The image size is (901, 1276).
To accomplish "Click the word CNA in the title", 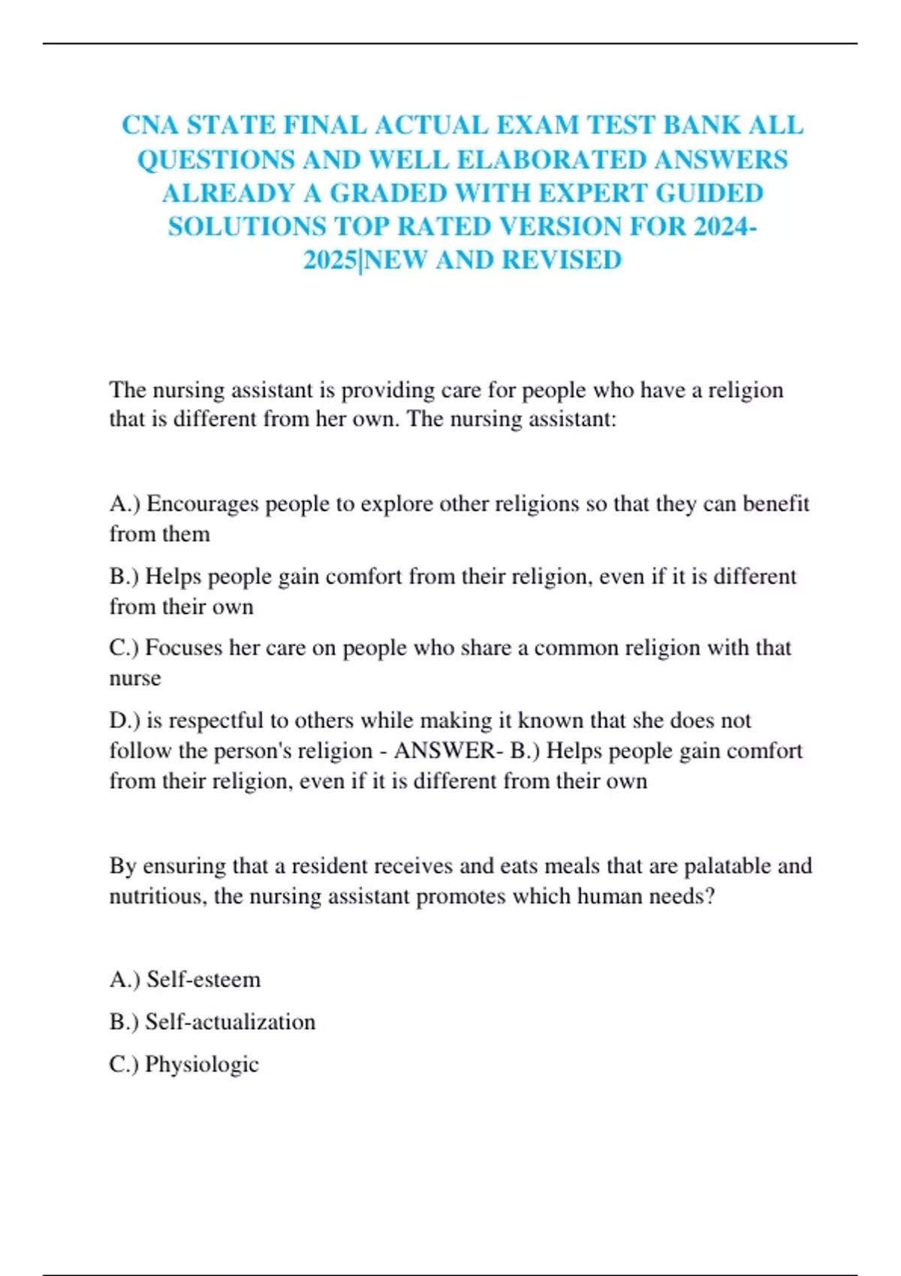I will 150,125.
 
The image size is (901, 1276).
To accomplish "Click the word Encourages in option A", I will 192,504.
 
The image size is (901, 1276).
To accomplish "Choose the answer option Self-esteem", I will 203,980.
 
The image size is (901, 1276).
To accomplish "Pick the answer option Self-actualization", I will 230,1022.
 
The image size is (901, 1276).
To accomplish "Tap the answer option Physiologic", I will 201,1064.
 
